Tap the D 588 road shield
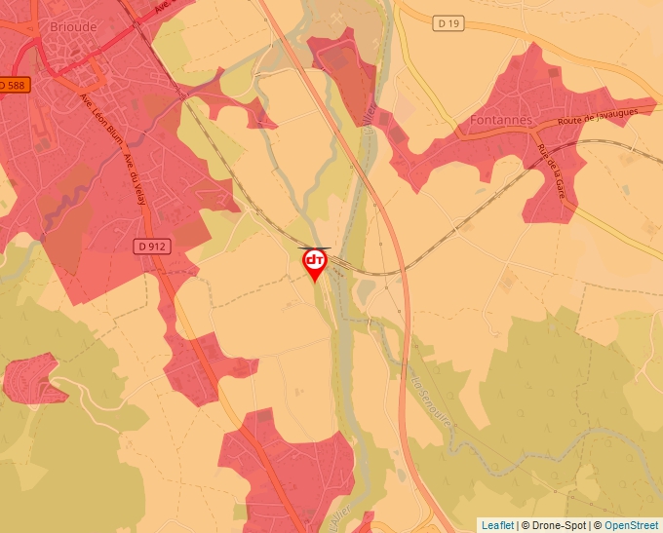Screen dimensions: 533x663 [13, 86]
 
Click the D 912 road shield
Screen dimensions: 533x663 [151, 247]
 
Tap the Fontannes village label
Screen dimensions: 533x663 [501, 121]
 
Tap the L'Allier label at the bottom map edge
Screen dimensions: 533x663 [334, 516]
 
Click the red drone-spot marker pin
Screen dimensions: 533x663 [315, 263]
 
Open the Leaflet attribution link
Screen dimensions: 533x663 [497, 525]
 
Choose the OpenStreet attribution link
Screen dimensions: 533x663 [631, 525]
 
